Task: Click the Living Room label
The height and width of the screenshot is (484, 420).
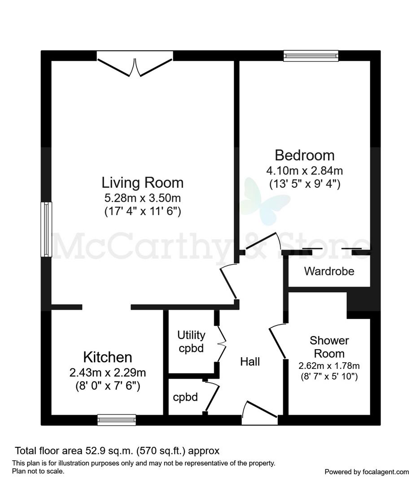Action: click(143, 183)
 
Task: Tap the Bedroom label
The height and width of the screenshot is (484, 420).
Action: click(305, 155)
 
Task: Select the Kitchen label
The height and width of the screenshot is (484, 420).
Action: click(108, 357)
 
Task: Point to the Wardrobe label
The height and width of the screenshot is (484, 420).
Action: click(329, 271)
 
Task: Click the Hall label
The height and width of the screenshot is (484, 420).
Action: click(250, 362)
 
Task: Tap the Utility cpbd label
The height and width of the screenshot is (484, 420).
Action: click(191, 341)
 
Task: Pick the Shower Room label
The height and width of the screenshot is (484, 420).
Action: click(329, 347)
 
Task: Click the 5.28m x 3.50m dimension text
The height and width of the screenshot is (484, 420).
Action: click(143, 198)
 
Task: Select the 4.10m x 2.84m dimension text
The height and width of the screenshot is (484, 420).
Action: click(305, 170)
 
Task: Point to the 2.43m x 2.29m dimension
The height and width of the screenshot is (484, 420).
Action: click(108, 372)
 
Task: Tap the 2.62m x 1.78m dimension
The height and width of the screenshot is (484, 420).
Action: click(329, 366)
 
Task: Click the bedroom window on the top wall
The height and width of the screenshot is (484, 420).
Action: click(311, 56)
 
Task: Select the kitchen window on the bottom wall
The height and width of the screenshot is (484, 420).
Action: click(117, 420)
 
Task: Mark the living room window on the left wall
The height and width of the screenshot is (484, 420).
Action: click(46, 229)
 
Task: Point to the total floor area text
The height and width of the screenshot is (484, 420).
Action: click(117, 451)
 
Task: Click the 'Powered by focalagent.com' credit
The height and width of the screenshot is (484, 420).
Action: click(367, 472)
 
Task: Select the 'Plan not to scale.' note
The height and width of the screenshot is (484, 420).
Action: click(38, 471)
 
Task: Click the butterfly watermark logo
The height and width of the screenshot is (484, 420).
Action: click(265, 201)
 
